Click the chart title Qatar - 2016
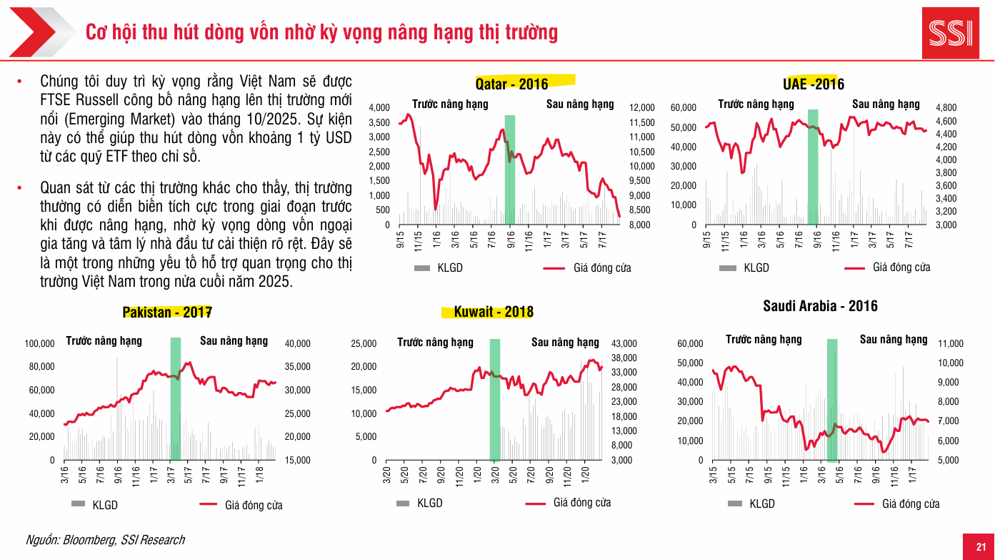tap(511, 84)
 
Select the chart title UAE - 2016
tap(814, 84)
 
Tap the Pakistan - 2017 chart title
tap(167, 313)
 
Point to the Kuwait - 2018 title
tap(494, 313)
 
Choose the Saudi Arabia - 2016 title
tap(820, 306)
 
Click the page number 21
tap(981, 547)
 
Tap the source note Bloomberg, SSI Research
tap(105, 540)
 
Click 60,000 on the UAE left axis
tap(684, 107)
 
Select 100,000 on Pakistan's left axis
tap(40, 344)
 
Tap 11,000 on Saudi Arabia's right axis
tap(950, 344)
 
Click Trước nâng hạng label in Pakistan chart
tap(104, 340)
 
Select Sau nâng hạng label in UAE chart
tap(886, 104)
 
